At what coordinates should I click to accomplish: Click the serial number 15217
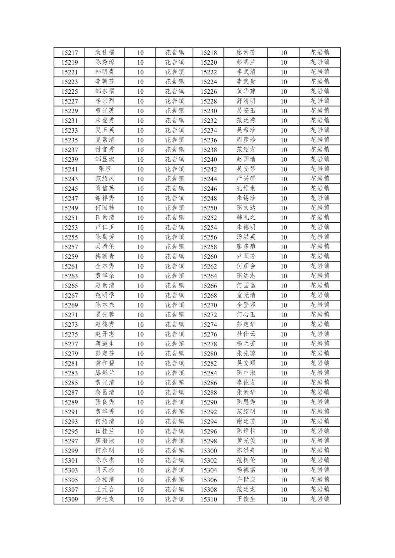pos(69,53)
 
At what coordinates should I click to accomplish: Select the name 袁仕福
pos(105,53)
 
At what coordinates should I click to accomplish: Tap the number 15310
pos(208,500)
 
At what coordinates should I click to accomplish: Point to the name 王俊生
pos(246,499)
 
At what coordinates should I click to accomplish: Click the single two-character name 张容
pos(105,169)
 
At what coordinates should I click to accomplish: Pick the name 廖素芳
pos(246,53)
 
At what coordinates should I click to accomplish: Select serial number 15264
pos(208,276)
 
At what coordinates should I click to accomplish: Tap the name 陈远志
pos(246,276)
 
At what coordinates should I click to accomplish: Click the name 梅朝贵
pos(105,256)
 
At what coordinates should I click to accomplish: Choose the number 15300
pos(208,451)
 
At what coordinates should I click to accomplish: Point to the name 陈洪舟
pos(246,451)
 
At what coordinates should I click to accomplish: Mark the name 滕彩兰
pos(105,373)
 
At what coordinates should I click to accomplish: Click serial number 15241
pos(69,169)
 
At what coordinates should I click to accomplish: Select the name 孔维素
pos(246,188)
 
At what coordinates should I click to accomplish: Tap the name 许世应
pos(246,480)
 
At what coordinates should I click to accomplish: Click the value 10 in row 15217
pos(140,53)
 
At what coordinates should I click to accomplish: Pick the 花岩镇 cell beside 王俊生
pos(320,499)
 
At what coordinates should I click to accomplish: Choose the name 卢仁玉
pos(105,227)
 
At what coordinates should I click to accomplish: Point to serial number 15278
pos(208,344)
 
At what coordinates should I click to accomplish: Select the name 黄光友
pos(105,499)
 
